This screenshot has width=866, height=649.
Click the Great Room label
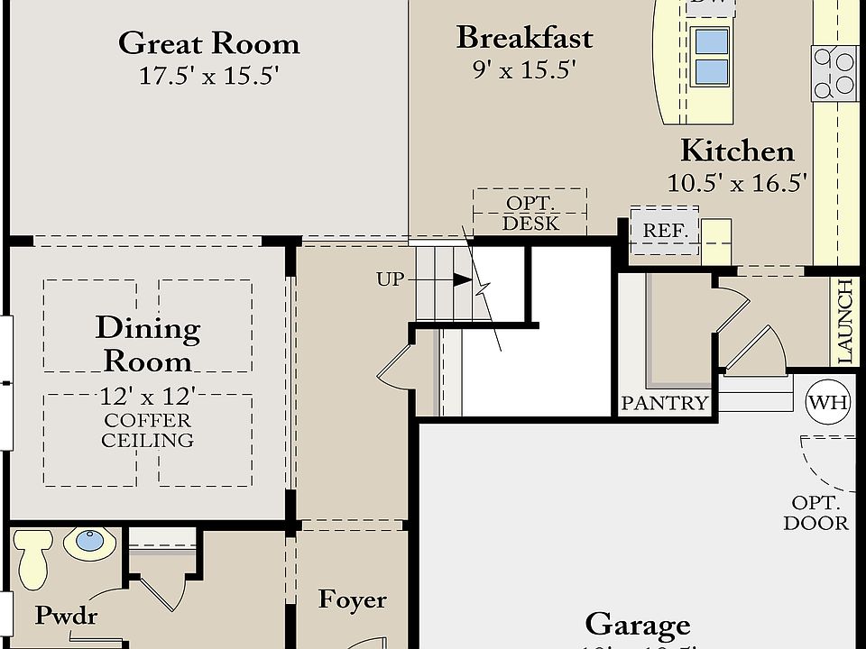coord(208,43)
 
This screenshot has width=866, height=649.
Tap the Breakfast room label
coord(524,38)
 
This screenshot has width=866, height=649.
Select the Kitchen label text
coord(737,150)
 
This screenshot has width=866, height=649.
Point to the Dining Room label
coord(148,344)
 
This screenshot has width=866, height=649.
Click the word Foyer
coord(353,600)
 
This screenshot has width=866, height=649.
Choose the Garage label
coord(638,624)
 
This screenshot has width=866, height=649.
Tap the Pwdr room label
coord(66,617)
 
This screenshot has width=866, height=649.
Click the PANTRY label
coord(665,403)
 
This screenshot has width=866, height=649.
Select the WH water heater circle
coord(827,401)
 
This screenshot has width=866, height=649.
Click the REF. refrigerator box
coord(665,231)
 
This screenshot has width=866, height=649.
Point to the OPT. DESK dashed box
coord(530,213)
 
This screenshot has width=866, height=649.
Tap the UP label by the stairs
coord(390,279)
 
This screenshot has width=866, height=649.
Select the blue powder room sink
coord(89,541)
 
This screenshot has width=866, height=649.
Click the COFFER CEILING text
coord(147,431)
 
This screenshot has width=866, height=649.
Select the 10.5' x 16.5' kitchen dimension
coord(736,183)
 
